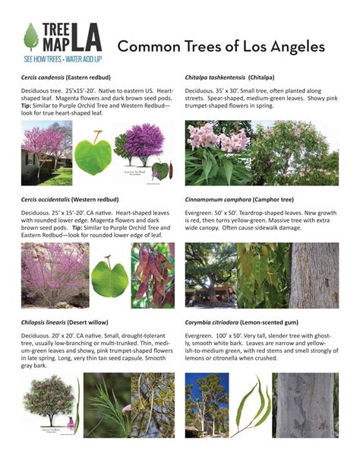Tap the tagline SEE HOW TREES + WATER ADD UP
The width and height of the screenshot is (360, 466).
[63, 59]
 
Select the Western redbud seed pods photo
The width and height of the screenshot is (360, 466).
[153, 274]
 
